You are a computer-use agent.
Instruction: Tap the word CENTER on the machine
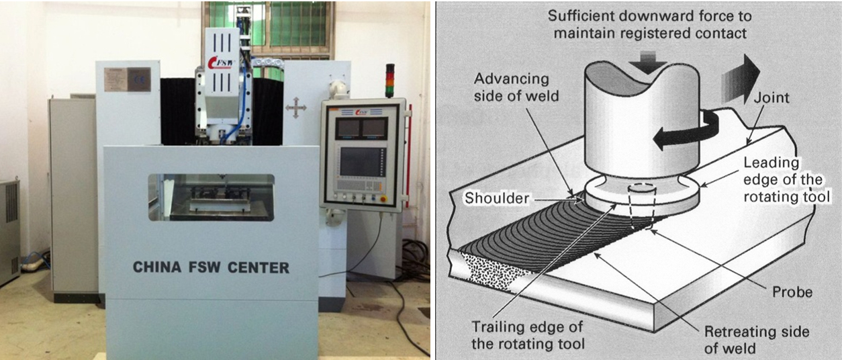257,267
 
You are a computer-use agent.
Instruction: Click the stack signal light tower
389,81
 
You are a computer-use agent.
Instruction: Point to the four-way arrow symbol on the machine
295,108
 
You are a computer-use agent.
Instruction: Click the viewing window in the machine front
211,197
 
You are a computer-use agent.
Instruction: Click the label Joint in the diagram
771,98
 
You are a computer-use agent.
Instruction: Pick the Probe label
793,291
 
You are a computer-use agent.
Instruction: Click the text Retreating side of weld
756,340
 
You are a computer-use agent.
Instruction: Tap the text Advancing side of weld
512,88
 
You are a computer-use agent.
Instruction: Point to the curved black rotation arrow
685,131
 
